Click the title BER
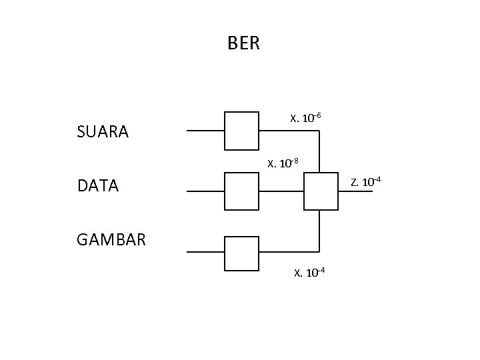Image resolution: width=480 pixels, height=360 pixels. pyautogui.click(x=243, y=44)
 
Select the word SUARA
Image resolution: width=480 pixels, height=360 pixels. pyautogui.click(x=103, y=132)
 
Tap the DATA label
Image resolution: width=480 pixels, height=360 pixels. pyautogui.click(x=97, y=186)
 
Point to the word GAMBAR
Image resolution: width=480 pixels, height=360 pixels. pyautogui.click(x=111, y=239)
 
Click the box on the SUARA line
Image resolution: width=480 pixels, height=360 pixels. pyautogui.click(x=241, y=131)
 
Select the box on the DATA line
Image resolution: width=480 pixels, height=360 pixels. pyautogui.click(x=241, y=191)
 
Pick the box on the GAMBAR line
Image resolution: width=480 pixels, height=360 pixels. pyautogui.click(x=241, y=253)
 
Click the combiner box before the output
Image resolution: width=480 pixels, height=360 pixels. pyautogui.click(x=321, y=191)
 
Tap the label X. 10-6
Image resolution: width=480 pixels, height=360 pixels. pyautogui.click(x=306, y=119)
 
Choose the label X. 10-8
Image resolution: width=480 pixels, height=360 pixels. pyautogui.click(x=283, y=163)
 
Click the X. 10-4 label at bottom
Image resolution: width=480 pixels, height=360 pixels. pyautogui.click(x=309, y=271)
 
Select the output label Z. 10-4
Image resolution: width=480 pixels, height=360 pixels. pyautogui.click(x=366, y=182)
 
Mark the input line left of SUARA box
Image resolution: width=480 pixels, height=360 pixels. pyautogui.click(x=205, y=131)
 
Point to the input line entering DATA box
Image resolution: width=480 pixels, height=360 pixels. pyautogui.click(x=205, y=191)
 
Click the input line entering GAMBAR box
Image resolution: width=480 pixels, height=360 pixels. pyautogui.click(x=205, y=253)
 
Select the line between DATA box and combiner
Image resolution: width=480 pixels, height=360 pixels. pyautogui.click(x=281, y=191)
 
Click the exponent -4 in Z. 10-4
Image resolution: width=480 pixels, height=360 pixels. pyautogui.click(x=377, y=179)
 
